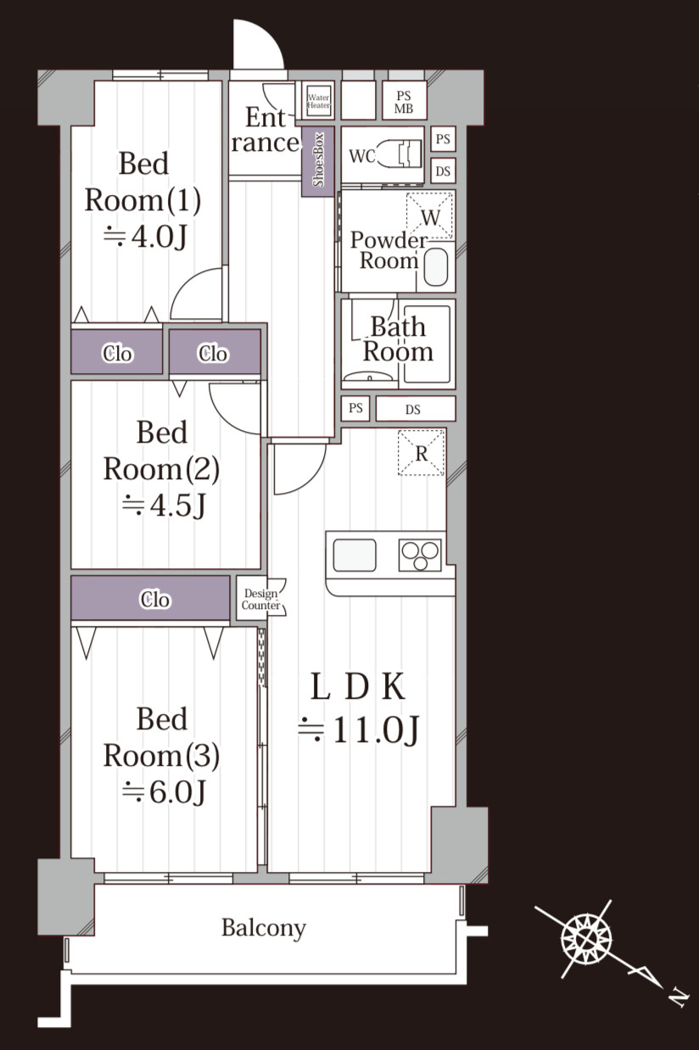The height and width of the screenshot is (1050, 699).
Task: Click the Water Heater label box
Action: click(318, 101)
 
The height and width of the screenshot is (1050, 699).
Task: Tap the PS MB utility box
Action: click(404, 101)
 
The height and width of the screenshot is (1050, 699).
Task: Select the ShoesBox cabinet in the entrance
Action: click(318, 161)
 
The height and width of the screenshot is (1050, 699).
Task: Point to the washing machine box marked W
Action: click(429, 216)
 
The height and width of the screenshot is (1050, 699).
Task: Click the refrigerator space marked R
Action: click(421, 453)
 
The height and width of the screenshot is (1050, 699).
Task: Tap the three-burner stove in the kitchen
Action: click(420, 556)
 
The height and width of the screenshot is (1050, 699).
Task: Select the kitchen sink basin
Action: click(355, 556)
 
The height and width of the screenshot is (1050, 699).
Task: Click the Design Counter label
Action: click(260, 599)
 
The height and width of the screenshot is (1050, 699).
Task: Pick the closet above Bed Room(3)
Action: click(150, 600)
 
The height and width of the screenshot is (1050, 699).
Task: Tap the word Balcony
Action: click(264, 928)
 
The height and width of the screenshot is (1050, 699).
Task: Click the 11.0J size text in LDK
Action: click(359, 729)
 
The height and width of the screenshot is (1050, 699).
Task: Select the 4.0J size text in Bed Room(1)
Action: click(145, 236)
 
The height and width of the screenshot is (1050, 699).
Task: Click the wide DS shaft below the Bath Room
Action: click(416, 409)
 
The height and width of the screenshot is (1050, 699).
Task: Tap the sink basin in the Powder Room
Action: click(435, 266)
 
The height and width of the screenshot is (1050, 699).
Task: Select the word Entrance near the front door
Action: click(266, 130)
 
